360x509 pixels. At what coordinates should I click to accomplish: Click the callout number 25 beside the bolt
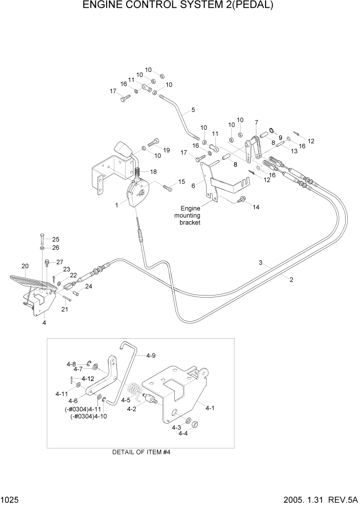click(55, 239)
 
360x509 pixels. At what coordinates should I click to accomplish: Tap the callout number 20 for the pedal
click(25, 266)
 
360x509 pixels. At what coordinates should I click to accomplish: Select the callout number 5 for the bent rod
click(193, 110)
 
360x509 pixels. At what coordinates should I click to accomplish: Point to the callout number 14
click(256, 207)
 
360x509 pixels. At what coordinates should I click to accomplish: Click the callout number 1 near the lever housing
click(117, 205)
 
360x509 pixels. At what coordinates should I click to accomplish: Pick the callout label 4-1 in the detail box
click(210, 409)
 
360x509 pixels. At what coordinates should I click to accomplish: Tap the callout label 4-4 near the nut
click(183, 434)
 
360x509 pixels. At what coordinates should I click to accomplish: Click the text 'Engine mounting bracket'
click(190, 216)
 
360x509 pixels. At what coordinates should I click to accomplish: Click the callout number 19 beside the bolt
click(166, 150)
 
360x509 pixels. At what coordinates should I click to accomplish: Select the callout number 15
click(181, 182)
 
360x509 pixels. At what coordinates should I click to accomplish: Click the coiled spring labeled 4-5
click(134, 393)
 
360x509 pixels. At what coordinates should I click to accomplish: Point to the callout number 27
click(59, 262)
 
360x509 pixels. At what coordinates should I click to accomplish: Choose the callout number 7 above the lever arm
click(256, 122)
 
